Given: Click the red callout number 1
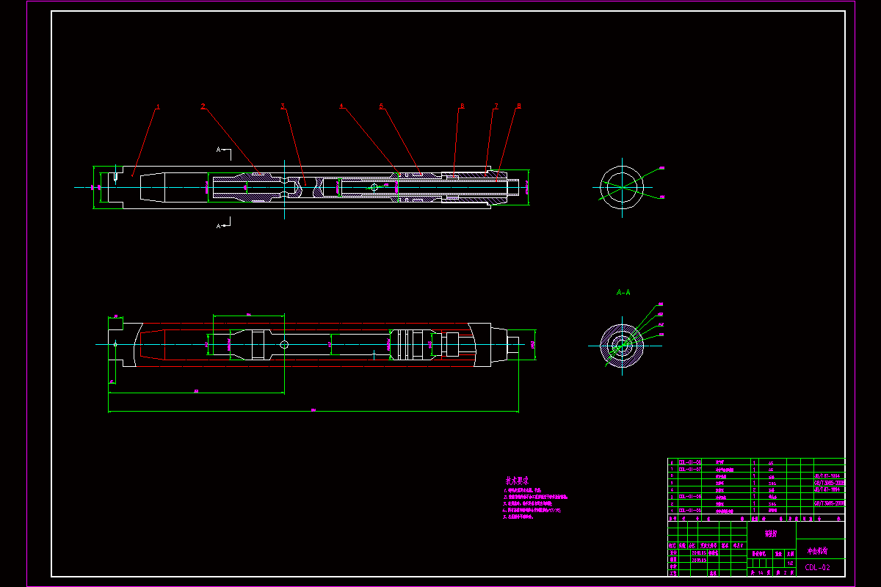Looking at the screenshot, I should pyautogui.click(x=157, y=107).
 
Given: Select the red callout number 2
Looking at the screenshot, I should pyautogui.click(x=203, y=106).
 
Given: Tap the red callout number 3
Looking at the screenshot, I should pyautogui.click(x=283, y=106).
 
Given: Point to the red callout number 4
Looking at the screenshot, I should pyautogui.click(x=341, y=106).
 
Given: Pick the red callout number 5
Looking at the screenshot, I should pyautogui.click(x=381, y=106).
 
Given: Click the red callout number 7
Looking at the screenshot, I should pyautogui.click(x=496, y=106).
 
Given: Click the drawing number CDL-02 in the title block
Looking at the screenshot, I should pyautogui.click(x=817, y=567).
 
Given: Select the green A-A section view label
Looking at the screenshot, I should pyautogui.click(x=623, y=292).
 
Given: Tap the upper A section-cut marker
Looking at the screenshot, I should pyautogui.click(x=219, y=150).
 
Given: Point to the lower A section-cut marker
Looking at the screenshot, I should pyautogui.click(x=219, y=226).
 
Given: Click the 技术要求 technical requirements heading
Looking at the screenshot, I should pyautogui.click(x=517, y=481).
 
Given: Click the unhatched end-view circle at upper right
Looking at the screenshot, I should pyautogui.click(x=622, y=183).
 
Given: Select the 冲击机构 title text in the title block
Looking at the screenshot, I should pyautogui.click(x=817, y=550).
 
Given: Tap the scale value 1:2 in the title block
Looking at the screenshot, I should pyautogui.click(x=790, y=563).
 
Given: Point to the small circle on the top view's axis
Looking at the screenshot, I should pyautogui.click(x=374, y=187).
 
